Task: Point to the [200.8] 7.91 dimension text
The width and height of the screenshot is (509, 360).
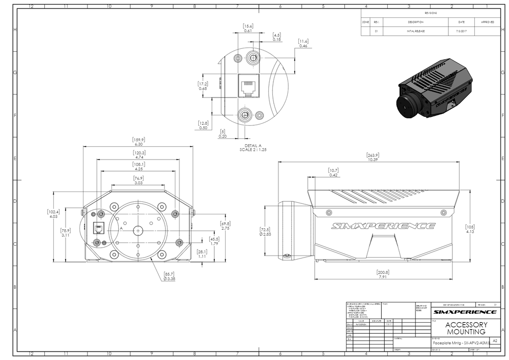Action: pos(383,274)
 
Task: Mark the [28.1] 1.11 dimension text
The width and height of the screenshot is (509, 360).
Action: pos(202,254)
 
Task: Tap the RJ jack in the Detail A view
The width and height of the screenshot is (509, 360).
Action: pos(249,86)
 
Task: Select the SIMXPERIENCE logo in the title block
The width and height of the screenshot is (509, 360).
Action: pos(464,312)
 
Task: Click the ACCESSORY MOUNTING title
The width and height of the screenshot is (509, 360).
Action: pos(466,328)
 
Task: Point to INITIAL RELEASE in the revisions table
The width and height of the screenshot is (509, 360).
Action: pos(416,31)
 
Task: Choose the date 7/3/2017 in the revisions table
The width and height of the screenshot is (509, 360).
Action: pos(461,31)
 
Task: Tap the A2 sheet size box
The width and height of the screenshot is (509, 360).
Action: pos(495,341)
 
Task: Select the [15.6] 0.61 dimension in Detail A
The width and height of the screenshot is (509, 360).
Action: pos(248,28)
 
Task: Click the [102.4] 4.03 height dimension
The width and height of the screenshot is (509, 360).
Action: pos(54,214)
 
